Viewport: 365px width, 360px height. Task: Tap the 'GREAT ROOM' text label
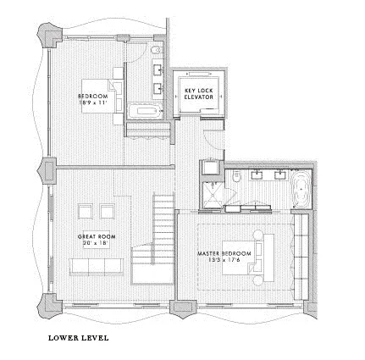pyautogui.click(x=97, y=236)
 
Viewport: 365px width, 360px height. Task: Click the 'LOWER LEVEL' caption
pyautogui.click(x=79, y=338)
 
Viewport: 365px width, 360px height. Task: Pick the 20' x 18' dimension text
pyautogui.click(x=96, y=243)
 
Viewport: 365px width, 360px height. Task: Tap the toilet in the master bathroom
pyautogui.click(x=240, y=177)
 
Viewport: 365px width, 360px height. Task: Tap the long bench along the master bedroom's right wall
pyautogui.click(x=300, y=255)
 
